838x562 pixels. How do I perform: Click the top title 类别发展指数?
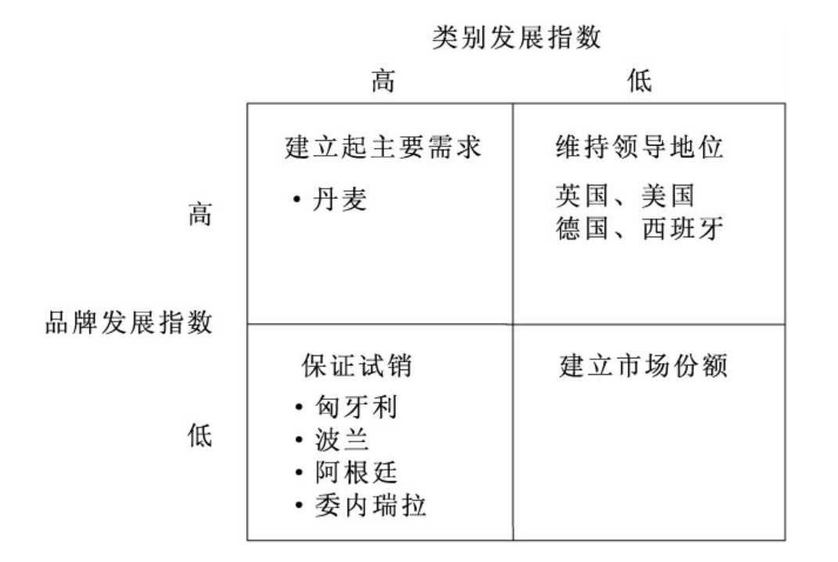(516, 38)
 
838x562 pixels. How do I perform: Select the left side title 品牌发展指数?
(128, 322)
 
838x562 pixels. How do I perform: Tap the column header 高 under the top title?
(383, 81)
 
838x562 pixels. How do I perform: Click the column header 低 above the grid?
(640, 81)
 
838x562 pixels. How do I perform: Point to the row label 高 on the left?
(200, 214)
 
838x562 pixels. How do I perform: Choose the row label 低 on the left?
(200, 436)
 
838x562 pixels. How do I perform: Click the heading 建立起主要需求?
(382, 148)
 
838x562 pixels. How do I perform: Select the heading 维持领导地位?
(640, 148)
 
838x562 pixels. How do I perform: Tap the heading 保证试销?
(356, 366)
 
